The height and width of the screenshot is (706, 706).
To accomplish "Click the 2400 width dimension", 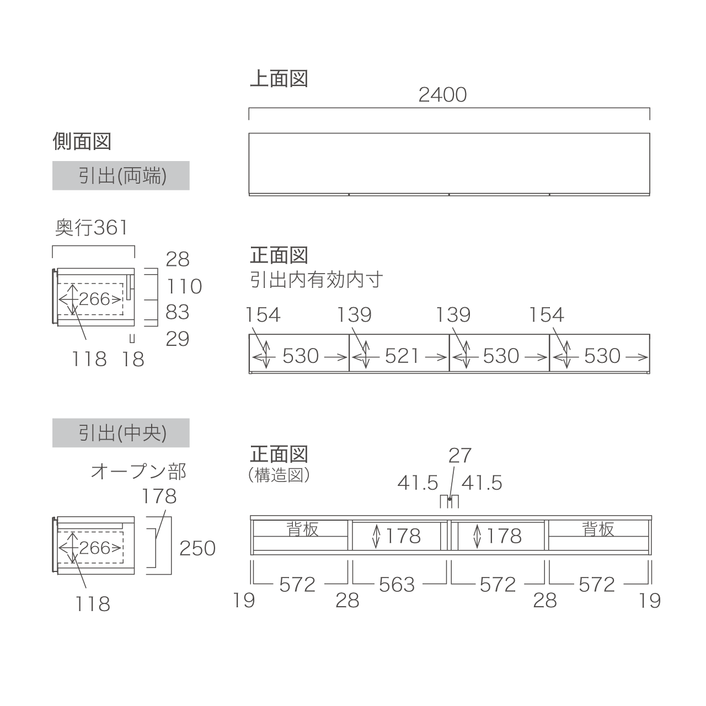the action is pyautogui.click(x=442, y=95).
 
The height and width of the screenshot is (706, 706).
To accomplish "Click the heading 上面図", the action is pyautogui.click(x=279, y=78).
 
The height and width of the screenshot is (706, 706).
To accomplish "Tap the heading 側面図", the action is pyautogui.click(x=82, y=141).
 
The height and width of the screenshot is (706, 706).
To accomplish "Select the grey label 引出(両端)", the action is pyautogui.click(x=121, y=175).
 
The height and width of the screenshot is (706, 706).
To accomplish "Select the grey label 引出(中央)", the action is pyautogui.click(x=121, y=432).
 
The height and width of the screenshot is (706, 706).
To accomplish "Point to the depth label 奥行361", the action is pyautogui.click(x=91, y=227).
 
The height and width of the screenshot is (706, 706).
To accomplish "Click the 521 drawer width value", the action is pyautogui.click(x=402, y=356).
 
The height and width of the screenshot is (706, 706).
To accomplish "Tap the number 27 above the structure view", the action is pyautogui.click(x=460, y=456).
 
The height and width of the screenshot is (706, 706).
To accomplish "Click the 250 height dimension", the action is pyautogui.click(x=197, y=548).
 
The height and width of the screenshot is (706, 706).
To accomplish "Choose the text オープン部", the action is pyautogui.click(x=138, y=471).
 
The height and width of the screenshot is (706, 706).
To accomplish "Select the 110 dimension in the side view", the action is pyautogui.click(x=184, y=286).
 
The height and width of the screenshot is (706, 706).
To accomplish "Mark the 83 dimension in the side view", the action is pyautogui.click(x=177, y=312).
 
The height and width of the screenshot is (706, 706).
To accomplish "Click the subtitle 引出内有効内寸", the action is pyautogui.click(x=317, y=280).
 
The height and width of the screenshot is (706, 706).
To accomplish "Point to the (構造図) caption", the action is pyautogui.click(x=279, y=475).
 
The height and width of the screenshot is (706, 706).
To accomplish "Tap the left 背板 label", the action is pyautogui.click(x=302, y=529).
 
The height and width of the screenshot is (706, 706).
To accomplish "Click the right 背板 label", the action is pyautogui.click(x=598, y=529).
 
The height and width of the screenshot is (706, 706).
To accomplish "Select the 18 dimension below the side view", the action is pyautogui.click(x=133, y=359).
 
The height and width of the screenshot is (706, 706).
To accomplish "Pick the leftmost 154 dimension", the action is pyautogui.click(x=263, y=315).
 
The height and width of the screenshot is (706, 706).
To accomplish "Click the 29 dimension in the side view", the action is pyautogui.click(x=177, y=339).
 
